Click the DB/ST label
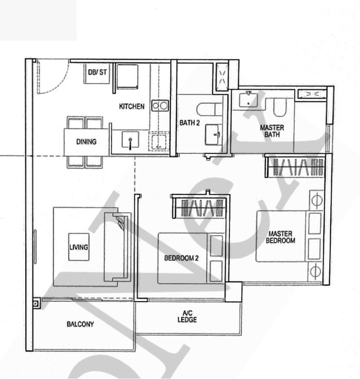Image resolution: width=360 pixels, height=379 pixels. coord(97,72)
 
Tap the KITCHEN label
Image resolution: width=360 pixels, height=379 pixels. coord(131,107)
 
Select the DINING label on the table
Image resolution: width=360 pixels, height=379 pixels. coord(86,142)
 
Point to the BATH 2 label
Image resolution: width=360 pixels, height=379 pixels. coord(189,123)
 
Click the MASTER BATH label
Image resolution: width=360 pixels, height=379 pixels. coord(272,131)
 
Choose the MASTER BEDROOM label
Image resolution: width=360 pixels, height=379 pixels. coord(280,237)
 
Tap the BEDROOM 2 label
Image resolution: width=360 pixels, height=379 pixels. coord(181,258)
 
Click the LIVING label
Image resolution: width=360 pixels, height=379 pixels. coord(79,247)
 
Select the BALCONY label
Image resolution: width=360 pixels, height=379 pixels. coord(80,324)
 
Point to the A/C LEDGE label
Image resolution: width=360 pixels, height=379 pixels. coord(187,317)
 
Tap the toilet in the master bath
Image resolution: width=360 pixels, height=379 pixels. coord(280,107)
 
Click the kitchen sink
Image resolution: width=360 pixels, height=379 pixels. coord(130,139)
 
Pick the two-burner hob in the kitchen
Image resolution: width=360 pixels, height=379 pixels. coord(160,106)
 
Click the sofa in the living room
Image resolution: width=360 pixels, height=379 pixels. coord(117,247)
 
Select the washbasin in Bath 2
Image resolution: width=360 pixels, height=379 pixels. coord(213,134)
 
